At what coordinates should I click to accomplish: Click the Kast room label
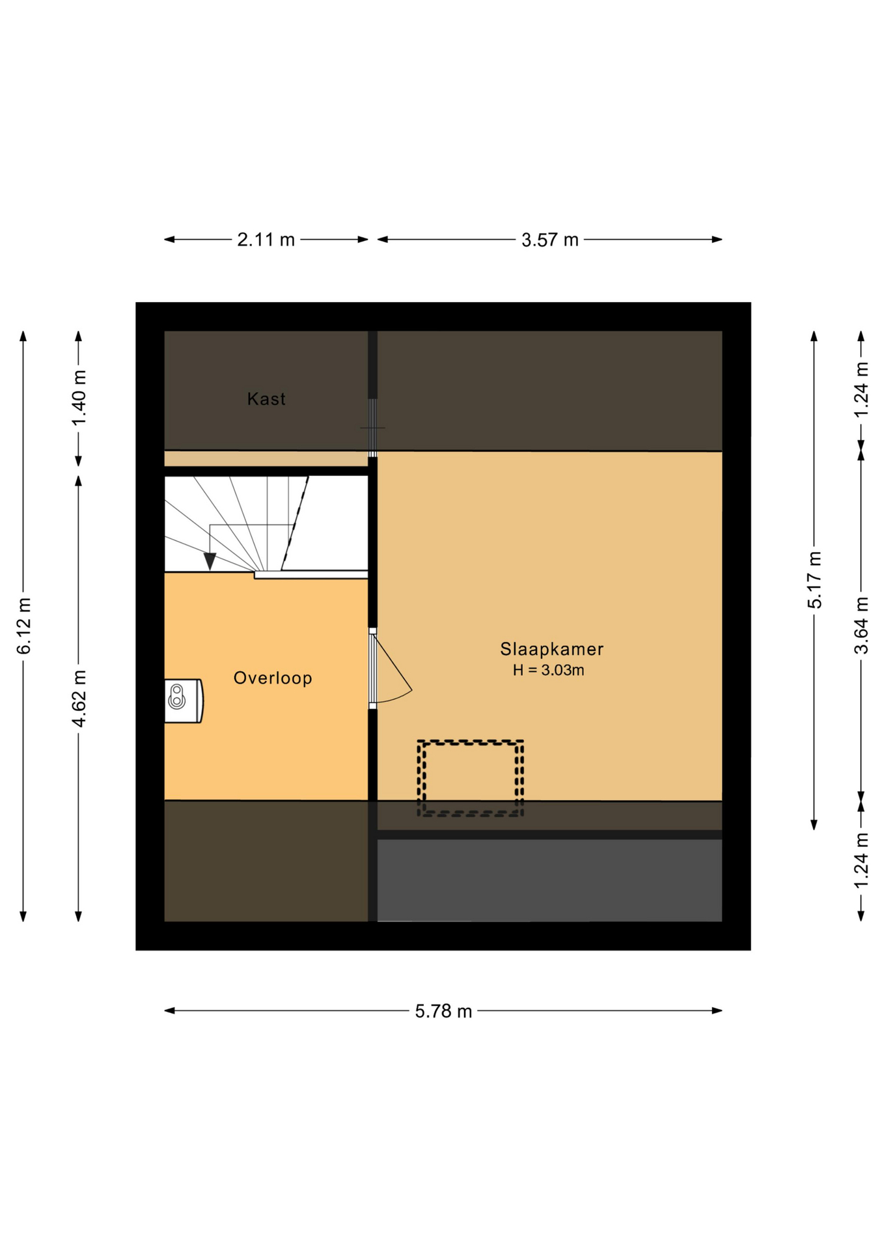[x=266, y=398]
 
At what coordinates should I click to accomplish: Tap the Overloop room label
[x=273, y=678]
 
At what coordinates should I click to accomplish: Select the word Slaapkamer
[x=551, y=648]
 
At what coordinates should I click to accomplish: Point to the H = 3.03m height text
[x=548, y=670]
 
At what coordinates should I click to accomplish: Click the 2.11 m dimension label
[x=266, y=240]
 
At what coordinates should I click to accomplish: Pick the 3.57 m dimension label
[x=550, y=240]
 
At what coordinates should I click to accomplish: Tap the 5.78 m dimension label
[x=443, y=1011]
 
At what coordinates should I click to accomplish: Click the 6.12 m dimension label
[x=24, y=626]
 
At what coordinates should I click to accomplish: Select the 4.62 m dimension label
[x=79, y=699]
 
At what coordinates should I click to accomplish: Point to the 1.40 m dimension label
[x=79, y=398]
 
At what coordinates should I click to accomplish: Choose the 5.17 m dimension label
[x=814, y=580]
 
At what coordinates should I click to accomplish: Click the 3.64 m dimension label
[x=861, y=625]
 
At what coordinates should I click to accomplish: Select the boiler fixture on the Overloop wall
[x=183, y=701]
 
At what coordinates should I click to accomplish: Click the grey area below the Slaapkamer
[x=549, y=880]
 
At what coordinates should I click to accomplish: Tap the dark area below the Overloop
[x=266, y=861]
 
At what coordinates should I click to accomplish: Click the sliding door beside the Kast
[x=372, y=428]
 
